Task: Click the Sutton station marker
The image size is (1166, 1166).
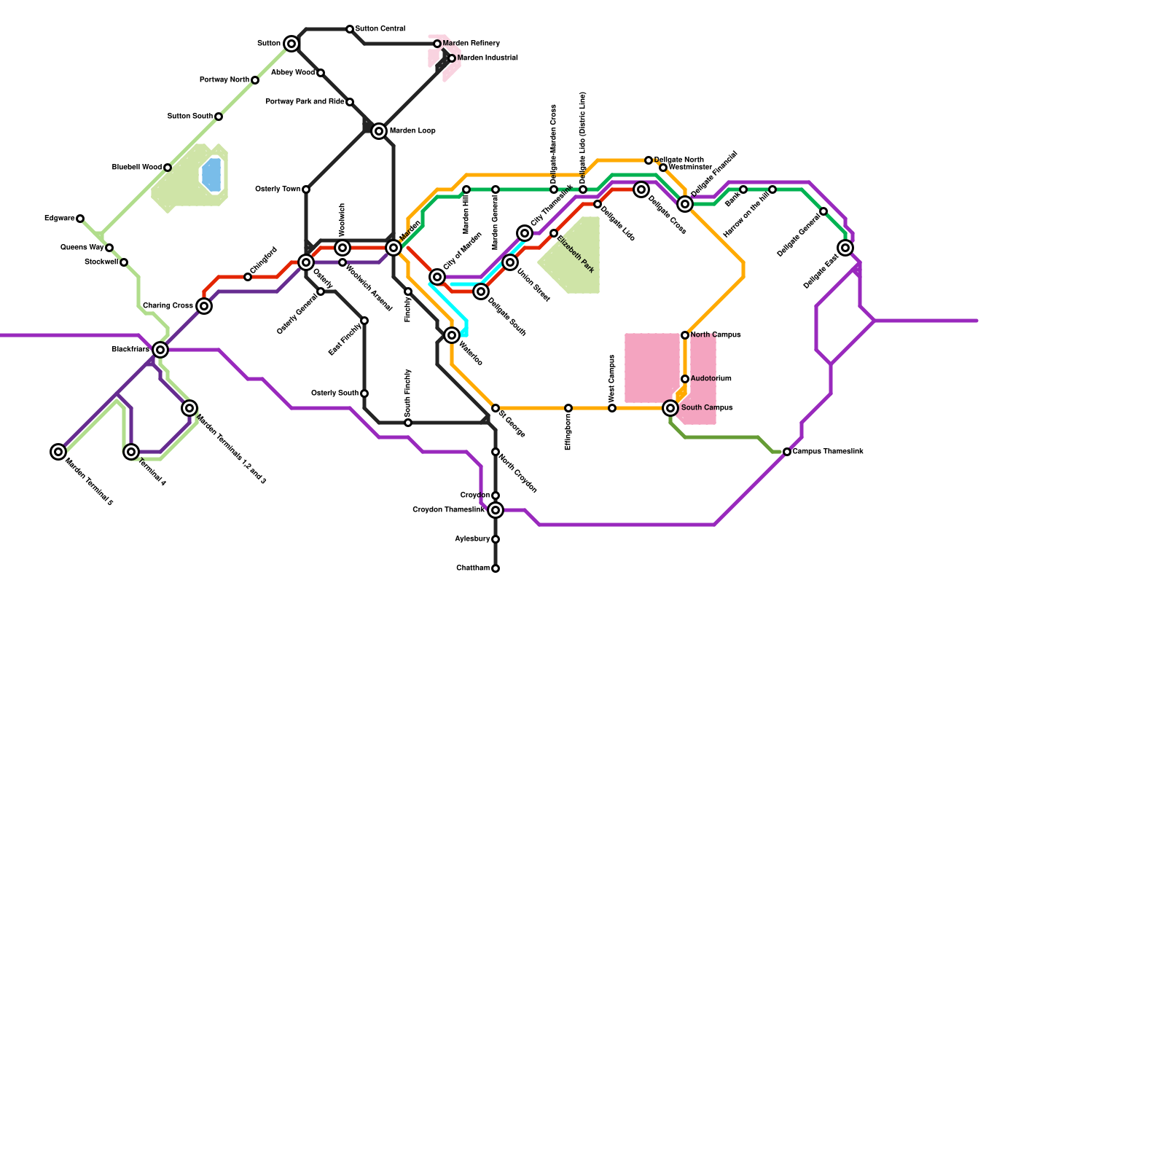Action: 291,44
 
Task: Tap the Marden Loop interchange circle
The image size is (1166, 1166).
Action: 379,131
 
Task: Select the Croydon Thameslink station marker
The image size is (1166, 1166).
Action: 496,510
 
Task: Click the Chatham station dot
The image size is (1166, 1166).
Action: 496,568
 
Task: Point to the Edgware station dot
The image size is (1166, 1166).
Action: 80,219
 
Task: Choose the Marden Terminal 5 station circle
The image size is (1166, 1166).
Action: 58,452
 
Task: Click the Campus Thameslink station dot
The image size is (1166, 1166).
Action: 787,452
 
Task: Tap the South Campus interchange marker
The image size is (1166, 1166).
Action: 670,408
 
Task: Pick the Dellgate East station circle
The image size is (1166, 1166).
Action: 845,248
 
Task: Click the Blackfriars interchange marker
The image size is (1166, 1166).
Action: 160,350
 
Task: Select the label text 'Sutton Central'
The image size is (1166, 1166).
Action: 380,29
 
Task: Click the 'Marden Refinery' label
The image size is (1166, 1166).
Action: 471,44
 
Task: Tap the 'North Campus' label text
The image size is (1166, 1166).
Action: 716,335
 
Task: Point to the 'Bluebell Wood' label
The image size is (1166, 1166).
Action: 137,168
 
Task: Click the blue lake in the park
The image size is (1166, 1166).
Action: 211,175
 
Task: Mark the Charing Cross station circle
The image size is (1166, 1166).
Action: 204,306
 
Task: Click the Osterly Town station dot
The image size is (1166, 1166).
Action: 306,189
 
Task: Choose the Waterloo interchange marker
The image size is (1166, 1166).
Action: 452,335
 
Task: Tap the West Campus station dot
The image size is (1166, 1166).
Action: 612,408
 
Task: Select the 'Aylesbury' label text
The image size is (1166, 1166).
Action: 472,539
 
